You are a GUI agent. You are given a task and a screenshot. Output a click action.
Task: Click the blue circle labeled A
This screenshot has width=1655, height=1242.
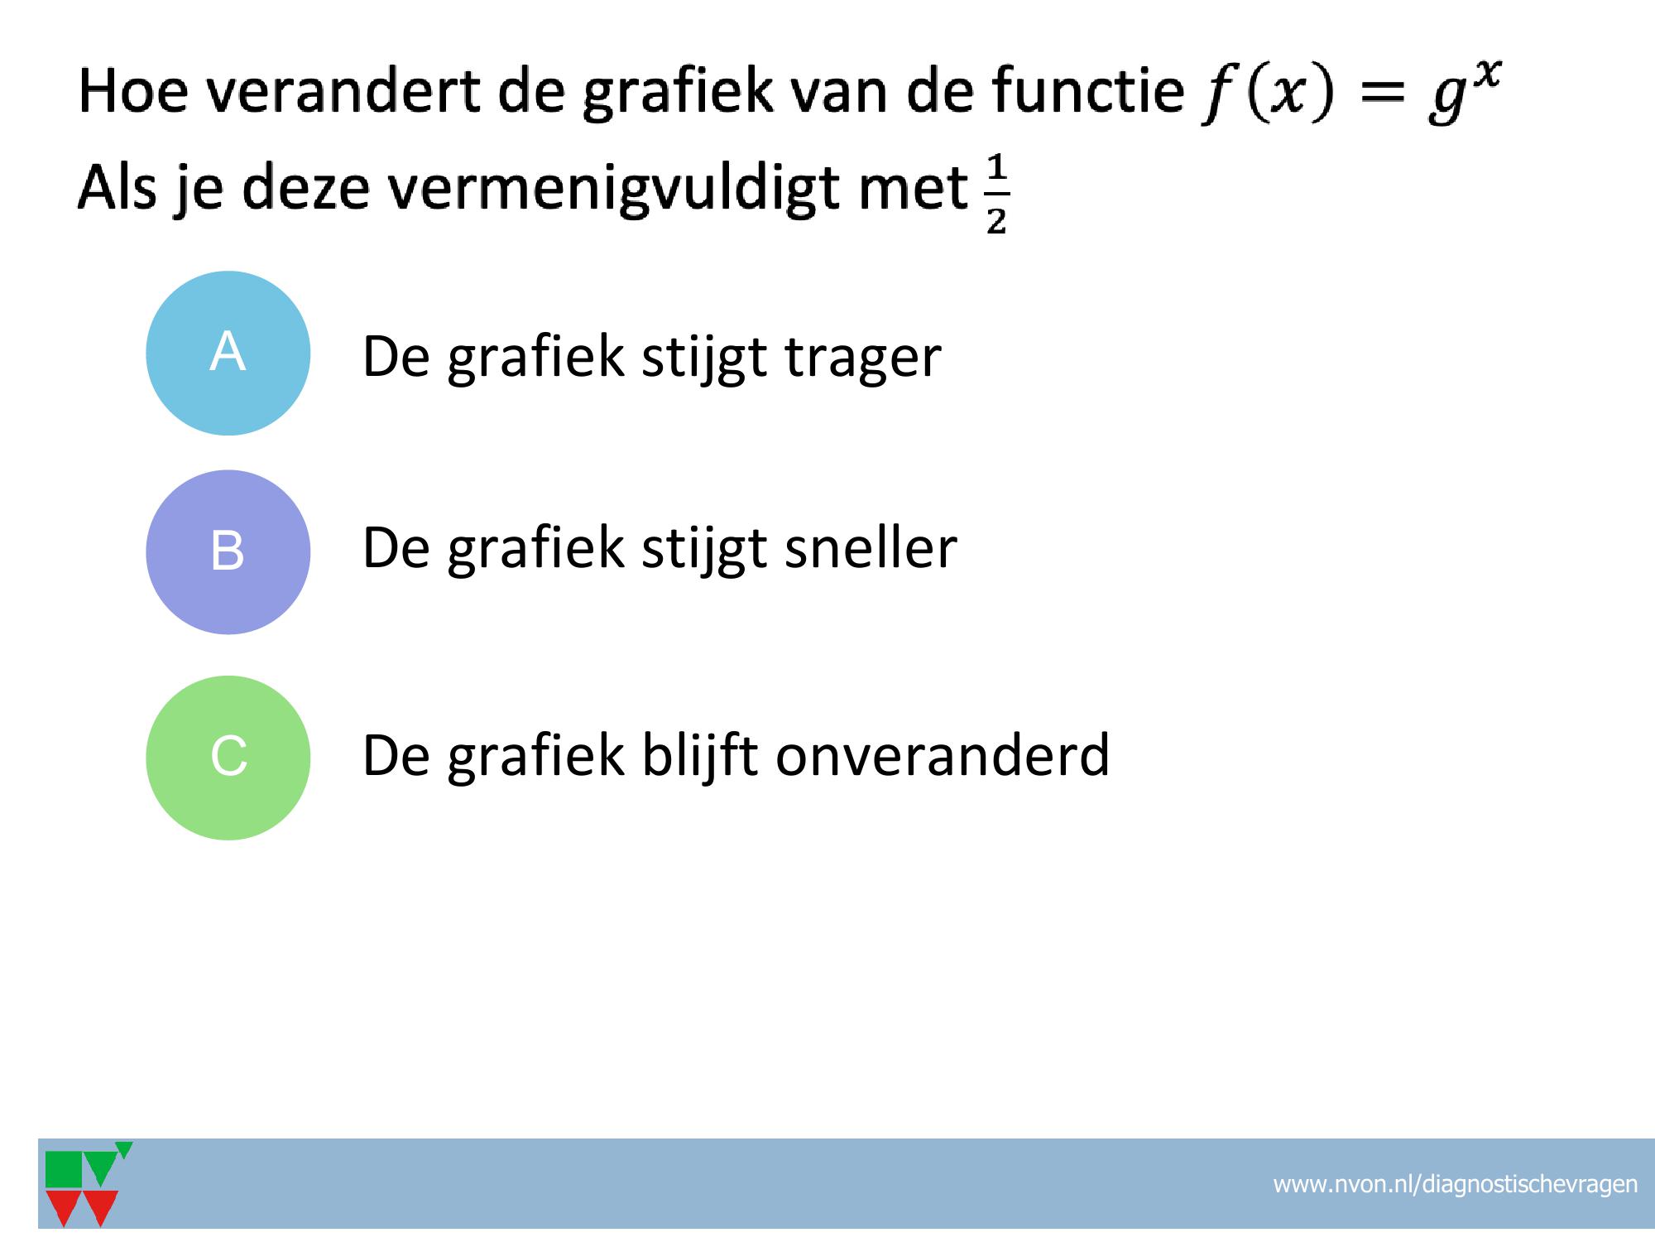tap(228, 354)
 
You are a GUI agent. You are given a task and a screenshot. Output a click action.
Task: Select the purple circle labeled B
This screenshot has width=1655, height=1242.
tap(228, 552)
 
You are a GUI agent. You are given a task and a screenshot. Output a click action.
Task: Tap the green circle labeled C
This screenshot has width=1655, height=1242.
tap(228, 758)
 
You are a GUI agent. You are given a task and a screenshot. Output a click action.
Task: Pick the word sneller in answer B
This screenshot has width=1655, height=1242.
tap(871, 547)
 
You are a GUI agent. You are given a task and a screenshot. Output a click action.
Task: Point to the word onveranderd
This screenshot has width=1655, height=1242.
tap(943, 754)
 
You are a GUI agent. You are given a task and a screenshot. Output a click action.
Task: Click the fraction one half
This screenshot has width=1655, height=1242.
tap(996, 196)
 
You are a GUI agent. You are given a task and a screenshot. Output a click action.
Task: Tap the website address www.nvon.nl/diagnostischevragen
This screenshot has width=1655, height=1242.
tap(1455, 1184)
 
